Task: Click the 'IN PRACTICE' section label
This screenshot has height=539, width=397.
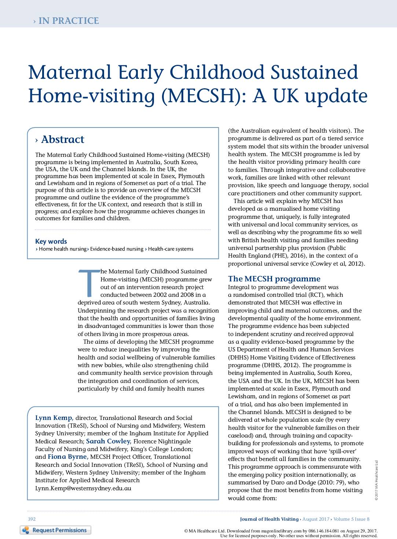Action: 68,21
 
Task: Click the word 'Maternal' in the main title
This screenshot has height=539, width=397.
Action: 70,72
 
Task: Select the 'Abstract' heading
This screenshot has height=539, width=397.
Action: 62,140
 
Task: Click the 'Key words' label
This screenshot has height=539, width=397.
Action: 51,241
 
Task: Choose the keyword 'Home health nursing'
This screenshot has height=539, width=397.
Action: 63,249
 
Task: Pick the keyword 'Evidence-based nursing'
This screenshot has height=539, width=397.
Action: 117,249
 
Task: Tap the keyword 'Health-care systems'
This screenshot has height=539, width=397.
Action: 170,249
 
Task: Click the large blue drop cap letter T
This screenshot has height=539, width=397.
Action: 88,283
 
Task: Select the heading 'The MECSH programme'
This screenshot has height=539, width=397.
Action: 274,279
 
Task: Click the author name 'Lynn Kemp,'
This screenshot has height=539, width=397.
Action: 54,418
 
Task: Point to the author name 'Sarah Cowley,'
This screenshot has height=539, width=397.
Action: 109,442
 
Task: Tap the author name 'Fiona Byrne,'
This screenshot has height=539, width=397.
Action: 68,457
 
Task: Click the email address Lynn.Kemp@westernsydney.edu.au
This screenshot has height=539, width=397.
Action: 83,488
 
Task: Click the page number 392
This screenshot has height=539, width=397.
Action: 32,519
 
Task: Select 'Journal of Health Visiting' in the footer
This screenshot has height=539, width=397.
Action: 269,519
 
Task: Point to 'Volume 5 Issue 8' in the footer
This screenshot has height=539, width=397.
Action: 351,519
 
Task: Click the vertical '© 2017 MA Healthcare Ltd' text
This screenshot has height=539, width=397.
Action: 376,480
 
